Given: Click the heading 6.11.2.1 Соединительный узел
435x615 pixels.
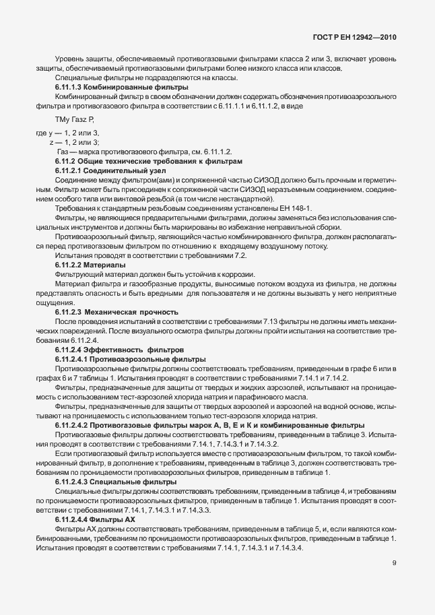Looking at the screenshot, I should [x=110, y=171].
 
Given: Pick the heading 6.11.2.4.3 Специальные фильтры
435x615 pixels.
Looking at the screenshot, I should [x=115, y=482].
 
